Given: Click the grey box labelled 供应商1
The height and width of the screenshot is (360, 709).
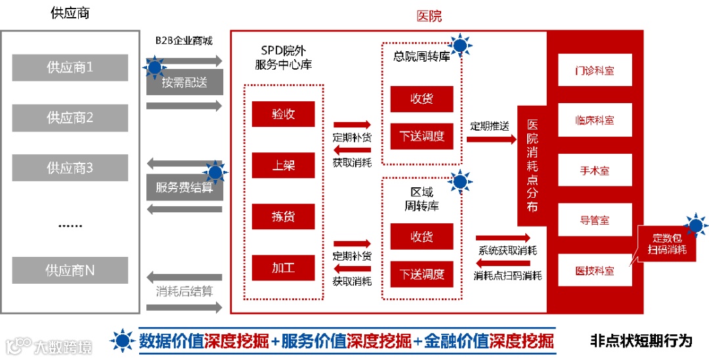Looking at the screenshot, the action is [70, 68].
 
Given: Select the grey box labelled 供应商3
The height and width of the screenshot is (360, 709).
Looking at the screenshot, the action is [70, 168].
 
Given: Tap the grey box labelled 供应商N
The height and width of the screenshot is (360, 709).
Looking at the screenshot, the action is [70, 270].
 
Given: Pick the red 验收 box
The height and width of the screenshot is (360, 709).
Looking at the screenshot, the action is [284, 114].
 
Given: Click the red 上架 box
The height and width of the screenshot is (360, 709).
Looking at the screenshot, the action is [284, 166].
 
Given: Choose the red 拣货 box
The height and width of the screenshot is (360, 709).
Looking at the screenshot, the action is [284, 217].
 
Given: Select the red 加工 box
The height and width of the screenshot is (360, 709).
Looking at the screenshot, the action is [284, 267].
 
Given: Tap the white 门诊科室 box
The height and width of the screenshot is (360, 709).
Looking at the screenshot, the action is [595, 70].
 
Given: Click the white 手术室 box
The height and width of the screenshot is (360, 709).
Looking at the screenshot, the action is [595, 171].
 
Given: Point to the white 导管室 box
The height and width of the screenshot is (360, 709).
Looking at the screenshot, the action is [595, 221].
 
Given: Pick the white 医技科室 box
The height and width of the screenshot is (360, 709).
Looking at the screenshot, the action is [595, 271].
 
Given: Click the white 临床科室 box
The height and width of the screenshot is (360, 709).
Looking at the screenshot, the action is [595, 121].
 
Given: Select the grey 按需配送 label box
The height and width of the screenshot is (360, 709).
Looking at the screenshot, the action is [184, 83].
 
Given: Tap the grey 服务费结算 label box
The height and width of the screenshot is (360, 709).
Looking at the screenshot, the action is [184, 187].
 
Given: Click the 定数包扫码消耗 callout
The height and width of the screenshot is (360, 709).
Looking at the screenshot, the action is [668, 243].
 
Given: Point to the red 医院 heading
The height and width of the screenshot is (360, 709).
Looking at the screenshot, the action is [430, 16].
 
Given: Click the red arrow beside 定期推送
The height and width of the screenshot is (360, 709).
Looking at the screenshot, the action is [492, 139].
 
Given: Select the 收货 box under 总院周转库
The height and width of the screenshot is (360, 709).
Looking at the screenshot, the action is [421, 99].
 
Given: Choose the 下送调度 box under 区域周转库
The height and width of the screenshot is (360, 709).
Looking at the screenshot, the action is [421, 274].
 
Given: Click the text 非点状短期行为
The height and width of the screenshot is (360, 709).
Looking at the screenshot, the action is [641, 341].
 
